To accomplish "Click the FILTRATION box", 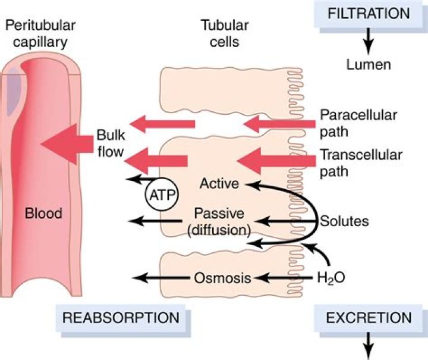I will (369, 14).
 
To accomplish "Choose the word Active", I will (219, 183).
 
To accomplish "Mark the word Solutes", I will (345, 221).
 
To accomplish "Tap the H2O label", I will (331, 277).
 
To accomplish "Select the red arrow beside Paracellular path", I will (279, 124).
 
